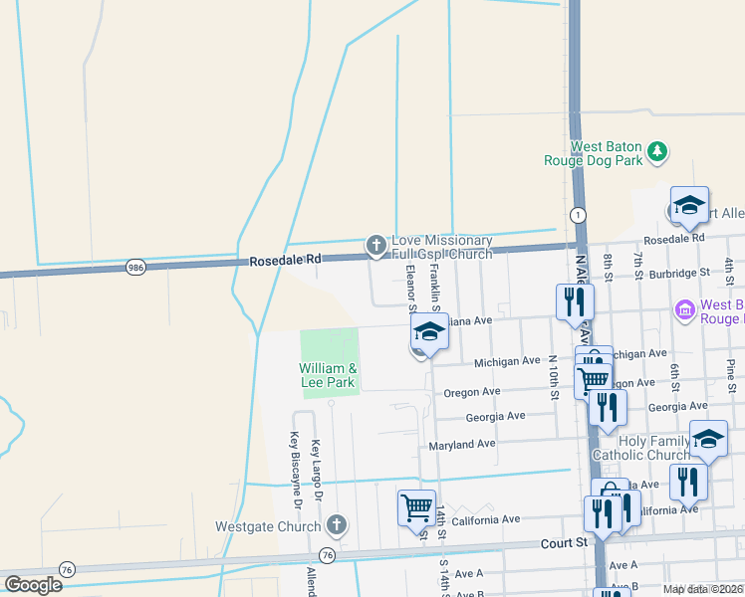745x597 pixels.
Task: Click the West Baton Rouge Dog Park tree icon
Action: tap(656, 151)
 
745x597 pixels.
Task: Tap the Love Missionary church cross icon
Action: tap(375, 244)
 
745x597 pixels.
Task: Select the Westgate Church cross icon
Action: tap(337, 524)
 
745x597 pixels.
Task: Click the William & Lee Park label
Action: tap(327, 375)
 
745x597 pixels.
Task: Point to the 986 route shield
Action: tap(137, 267)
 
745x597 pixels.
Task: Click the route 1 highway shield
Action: tap(578, 215)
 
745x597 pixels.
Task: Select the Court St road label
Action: tap(564, 542)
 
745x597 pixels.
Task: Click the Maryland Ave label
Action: tap(461, 444)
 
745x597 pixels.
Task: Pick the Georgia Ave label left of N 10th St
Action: tap(495, 417)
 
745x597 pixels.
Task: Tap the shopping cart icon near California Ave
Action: tap(415, 506)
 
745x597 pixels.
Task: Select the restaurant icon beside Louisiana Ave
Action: tap(575, 301)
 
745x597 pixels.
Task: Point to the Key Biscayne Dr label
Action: tap(295, 464)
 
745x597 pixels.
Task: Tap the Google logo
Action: tap(33, 584)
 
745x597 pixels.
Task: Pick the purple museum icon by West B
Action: tap(683, 311)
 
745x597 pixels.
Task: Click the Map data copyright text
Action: tap(702, 589)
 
